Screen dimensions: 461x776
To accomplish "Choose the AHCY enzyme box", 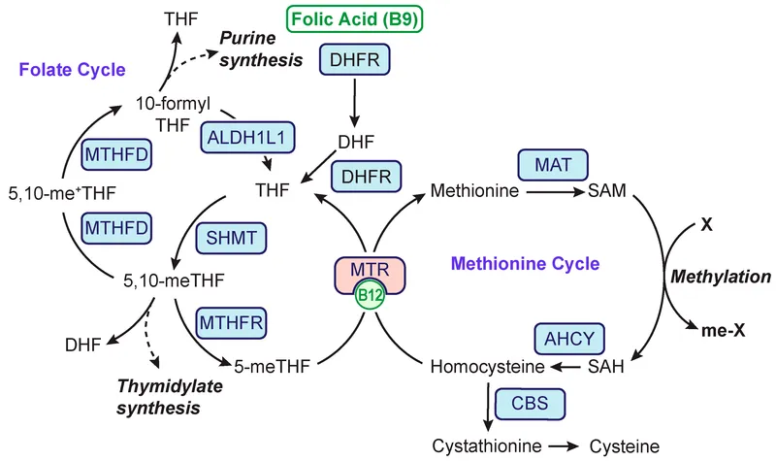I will coord(570,338).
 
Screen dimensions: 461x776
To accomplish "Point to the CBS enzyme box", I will coord(529,402).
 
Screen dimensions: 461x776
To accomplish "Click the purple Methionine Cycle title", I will coord(526,262).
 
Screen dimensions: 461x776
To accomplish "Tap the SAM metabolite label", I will coord(607,191).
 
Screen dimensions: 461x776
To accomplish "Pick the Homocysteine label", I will coord(485,368).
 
